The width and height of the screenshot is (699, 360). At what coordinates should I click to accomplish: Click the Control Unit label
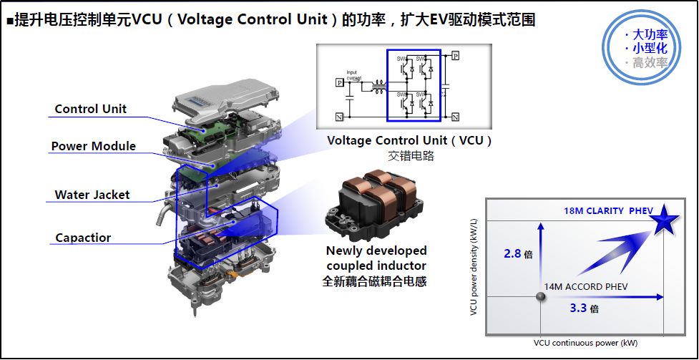(90, 109)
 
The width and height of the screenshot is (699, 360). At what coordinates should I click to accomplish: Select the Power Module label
(93, 146)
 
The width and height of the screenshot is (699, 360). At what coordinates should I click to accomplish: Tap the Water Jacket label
(92, 194)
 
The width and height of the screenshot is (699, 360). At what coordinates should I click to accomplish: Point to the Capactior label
(83, 238)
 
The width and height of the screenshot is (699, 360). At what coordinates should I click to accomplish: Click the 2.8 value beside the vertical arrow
(516, 253)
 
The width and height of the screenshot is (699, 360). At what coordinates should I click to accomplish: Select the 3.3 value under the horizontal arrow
(580, 308)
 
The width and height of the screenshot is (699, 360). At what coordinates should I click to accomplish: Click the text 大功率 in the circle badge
(645, 34)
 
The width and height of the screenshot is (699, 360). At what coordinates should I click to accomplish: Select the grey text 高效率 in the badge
(645, 62)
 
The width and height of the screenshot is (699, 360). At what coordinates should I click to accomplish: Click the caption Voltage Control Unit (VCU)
(409, 140)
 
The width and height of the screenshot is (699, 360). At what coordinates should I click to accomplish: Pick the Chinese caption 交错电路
(409, 155)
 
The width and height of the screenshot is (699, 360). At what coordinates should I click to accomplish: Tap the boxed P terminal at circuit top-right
(455, 55)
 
